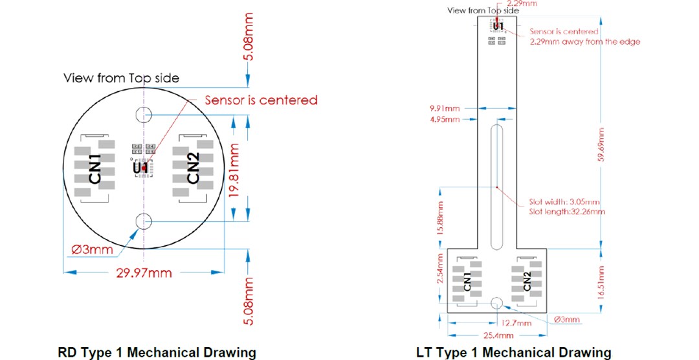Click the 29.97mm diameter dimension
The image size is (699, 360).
coord(143,273)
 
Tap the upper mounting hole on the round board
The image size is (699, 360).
coord(143,115)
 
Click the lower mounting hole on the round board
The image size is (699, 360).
coord(143,221)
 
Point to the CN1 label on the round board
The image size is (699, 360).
coord(96,169)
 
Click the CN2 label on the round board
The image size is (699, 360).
coord(193,169)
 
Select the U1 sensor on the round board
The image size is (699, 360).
coord(140,168)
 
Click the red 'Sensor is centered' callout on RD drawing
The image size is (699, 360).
coord(261,100)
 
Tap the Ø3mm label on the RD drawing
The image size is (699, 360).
coord(92,249)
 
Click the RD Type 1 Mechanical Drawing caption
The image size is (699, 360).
coord(157,352)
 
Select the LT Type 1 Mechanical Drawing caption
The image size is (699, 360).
coord(513,352)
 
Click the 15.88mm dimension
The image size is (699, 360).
coord(440,219)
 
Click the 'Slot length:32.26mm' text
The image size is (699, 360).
coord(567,212)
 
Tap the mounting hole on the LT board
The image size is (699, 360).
coord(497,302)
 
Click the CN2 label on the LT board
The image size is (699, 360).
coord(527,281)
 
